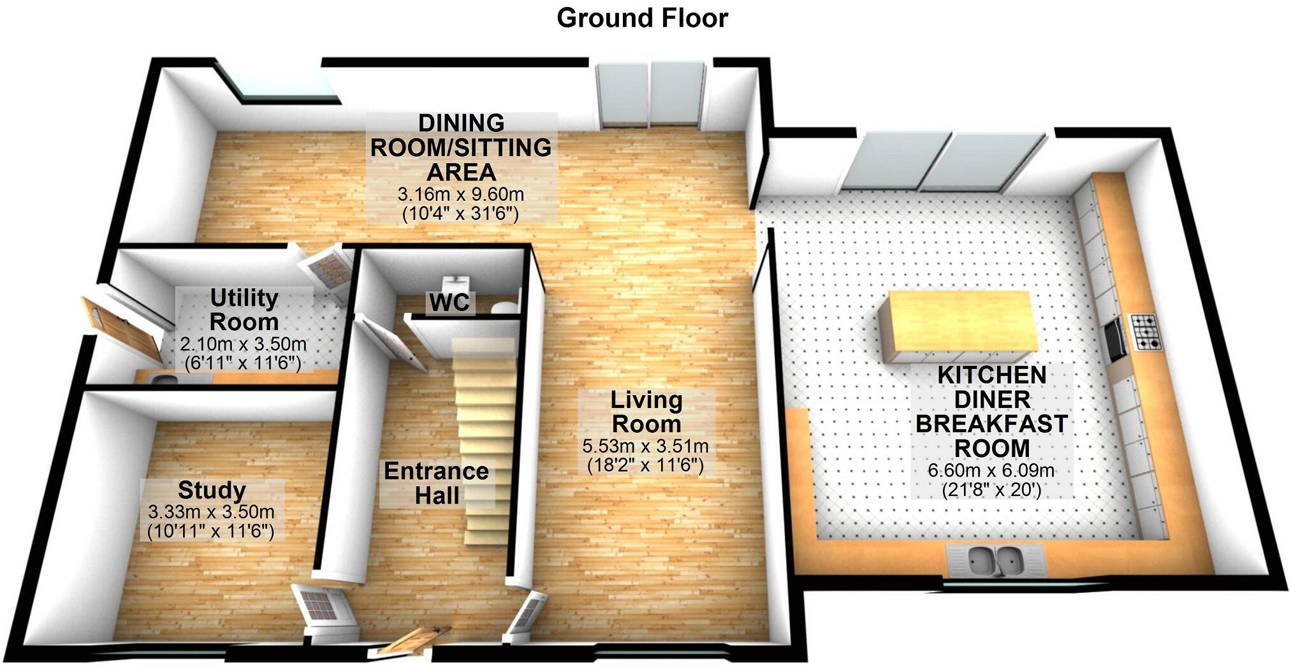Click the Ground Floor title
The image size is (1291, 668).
(642, 18)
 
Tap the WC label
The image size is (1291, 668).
(449, 303)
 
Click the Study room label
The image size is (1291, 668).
(212, 490)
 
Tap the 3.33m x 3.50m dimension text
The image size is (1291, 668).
(211, 512)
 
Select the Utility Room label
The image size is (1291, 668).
(244, 310)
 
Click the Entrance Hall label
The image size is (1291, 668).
(436, 483)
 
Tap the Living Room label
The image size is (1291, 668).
(646, 412)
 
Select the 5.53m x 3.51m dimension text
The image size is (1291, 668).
(645, 446)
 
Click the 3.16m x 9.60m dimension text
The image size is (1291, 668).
(460, 194)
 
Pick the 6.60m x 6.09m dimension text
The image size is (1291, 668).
(991, 471)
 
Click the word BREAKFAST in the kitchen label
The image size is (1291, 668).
(991, 424)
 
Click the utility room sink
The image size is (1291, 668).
(164, 381)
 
